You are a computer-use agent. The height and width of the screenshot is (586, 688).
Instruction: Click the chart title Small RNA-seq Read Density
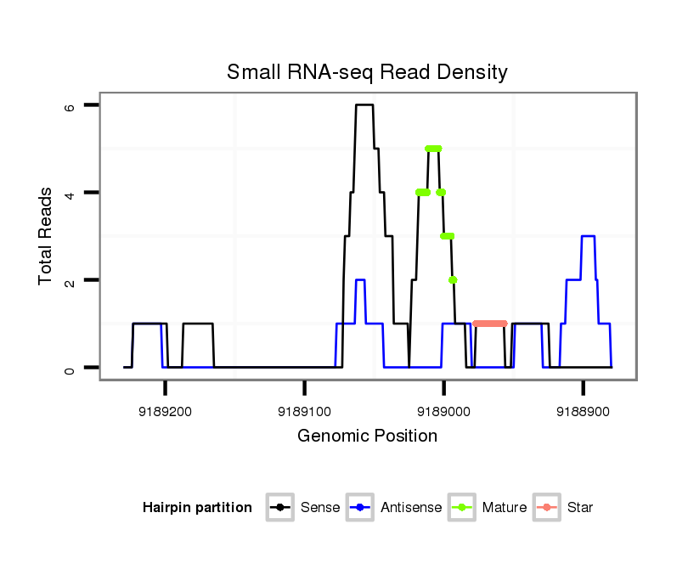coord(367,72)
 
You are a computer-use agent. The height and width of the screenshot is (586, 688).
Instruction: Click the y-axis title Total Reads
coord(46,236)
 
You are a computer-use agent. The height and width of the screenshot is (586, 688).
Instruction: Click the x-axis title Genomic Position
coord(367,437)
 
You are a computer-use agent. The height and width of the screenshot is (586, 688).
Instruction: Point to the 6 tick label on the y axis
coord(70,105)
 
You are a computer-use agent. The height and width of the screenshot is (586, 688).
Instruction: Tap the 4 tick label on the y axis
coord(70,193)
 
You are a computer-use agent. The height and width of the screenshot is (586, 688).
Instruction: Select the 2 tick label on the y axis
coord(70,280)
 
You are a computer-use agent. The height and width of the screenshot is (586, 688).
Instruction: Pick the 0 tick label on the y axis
coord(70,368)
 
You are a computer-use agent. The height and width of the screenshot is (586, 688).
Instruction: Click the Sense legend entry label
coord(320,508)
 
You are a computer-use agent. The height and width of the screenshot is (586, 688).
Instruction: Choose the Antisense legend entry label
coord(411,508)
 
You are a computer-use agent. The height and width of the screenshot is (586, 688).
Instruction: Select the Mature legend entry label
coord(504,508)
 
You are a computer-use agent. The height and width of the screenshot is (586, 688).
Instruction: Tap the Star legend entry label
coord(580,508)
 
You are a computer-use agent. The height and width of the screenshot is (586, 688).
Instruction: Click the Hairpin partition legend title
coord(197,508)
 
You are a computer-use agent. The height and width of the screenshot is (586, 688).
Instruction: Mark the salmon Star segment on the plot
coord(490,324)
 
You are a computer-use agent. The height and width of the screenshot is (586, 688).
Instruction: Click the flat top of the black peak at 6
coord(364,104)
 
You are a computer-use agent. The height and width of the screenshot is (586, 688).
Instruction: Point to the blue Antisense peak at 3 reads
coord(588,236)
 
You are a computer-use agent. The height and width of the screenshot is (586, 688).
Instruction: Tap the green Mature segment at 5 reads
coord(433,149)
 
